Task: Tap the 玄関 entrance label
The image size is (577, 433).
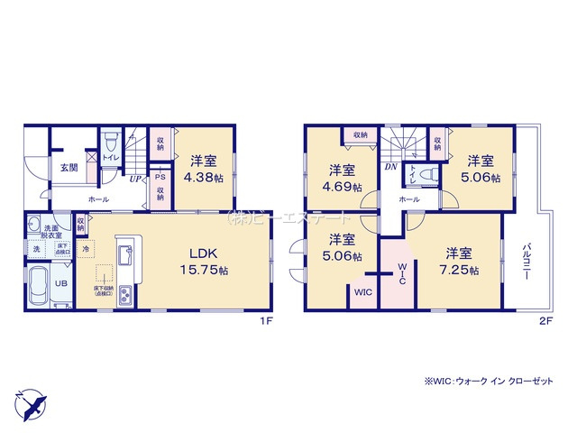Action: click(69, 168)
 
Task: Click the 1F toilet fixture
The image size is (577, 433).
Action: click(110, 143)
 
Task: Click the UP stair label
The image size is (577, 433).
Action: click(133, 180)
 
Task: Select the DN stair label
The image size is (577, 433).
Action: click(391, 167)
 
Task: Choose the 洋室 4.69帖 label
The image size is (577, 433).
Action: click(341, 178)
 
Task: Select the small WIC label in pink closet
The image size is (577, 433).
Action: click(362, 292)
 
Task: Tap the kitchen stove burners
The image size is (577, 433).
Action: click(124, 294)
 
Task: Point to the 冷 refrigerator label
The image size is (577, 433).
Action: click(87, 248)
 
